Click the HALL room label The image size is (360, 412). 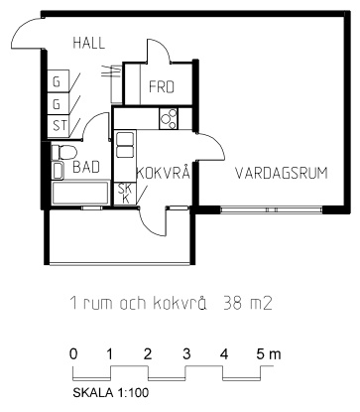pyautogui.click(x=88, y=44)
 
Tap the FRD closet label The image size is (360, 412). pyautogui.click(x=162, y=87)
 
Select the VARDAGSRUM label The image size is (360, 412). pyautogui.click(x=282, y=174)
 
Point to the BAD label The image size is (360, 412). pyautogui.click(x=86, y=167)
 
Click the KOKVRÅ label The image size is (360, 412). pyautogui.click(x=164, y=173)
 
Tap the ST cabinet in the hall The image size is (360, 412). pyautogui.click(x=59, y=126)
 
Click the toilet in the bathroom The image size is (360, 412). pyautogui.click(x=63, y=152)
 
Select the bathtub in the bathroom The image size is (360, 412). pyautogui.click(x=80, y=194)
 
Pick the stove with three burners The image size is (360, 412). pyautogui.click(x=169, y=119)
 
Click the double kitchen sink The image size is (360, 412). pyautogui.click(x=125, y=146)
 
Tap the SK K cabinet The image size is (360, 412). pyautogui.click(x=125, y=194)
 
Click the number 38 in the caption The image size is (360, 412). pyautogui.click(x=231, y=303)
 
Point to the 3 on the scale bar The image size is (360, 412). pyautogui.click(x=186, y=354)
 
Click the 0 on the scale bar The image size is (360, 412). pyautogui.click(x=73, y=354)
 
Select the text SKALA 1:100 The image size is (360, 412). pyautogui.click(x=111, y=393)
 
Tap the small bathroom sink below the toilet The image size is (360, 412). pyautogui.click(x=59, y=170)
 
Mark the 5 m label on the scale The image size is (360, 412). pyautogui.click(x=268, y=354)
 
